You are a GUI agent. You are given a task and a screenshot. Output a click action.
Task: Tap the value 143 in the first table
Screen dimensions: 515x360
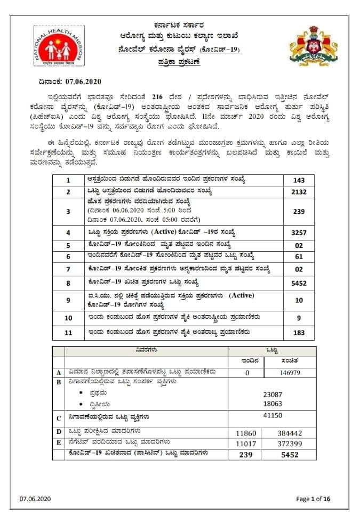point(299,180)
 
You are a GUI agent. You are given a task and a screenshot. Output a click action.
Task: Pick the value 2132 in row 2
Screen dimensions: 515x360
point(299,192)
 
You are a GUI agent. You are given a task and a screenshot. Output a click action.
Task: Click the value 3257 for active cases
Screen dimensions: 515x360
point(299,232)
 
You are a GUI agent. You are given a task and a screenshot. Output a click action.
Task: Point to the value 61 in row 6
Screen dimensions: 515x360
point(299,257)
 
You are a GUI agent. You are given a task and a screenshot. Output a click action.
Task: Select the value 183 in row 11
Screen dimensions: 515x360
point(299,333)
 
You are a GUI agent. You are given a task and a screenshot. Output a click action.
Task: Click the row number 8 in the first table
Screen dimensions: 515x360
point(68,284)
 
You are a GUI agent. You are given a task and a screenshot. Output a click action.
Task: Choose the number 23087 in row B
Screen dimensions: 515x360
point(273,395)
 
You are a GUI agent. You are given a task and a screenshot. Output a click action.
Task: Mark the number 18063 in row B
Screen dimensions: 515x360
point(273,404)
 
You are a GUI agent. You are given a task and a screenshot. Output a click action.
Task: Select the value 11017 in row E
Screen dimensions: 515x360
point(247,443)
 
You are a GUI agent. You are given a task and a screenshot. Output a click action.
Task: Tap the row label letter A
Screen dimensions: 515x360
point(59,372)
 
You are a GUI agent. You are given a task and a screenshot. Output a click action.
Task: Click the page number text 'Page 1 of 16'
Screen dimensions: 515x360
point(314,499)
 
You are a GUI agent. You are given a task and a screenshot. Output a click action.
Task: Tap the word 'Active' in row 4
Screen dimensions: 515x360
point(167,232)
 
